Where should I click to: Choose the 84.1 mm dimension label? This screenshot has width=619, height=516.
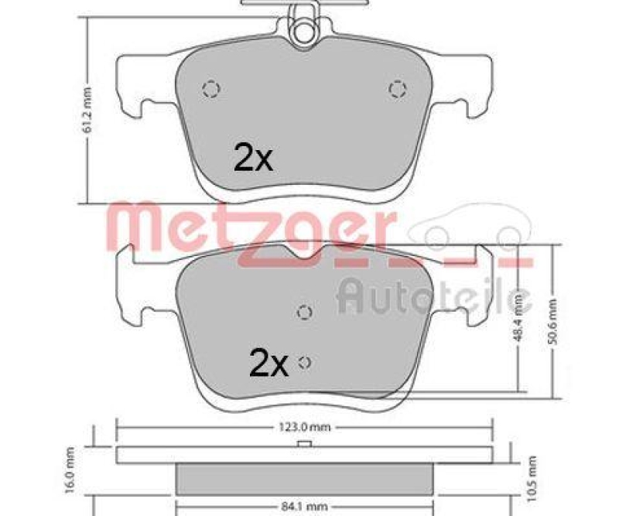305,507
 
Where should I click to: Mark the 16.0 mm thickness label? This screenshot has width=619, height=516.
69,470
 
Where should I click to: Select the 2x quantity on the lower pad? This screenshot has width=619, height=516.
268,362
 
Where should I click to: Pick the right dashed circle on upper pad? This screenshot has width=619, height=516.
397,90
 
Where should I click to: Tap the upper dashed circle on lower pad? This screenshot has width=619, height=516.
305,312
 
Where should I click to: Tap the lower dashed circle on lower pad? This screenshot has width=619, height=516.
305,361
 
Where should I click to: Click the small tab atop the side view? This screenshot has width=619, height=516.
305,443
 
